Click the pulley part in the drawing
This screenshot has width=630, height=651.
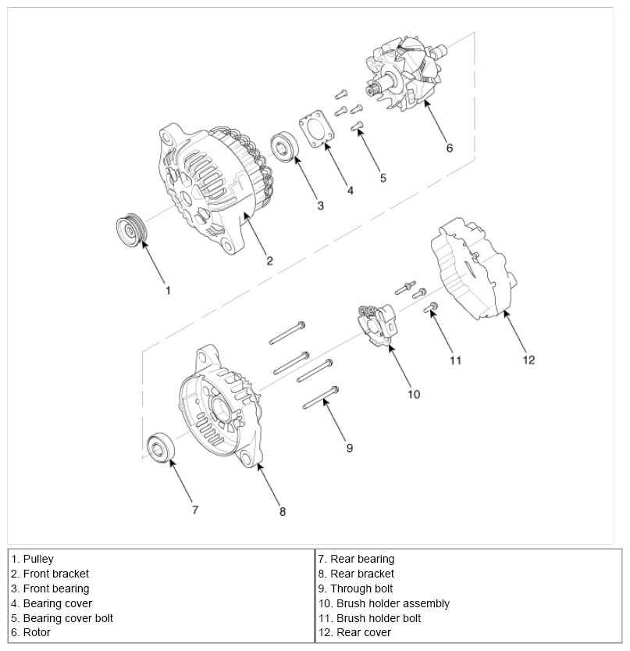click(x=129, y=231)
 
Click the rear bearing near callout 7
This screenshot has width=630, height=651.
click(x=162, y=449)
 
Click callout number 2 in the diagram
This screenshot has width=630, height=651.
click(x=269, y=261)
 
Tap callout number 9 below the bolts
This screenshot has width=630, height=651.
click(x=350, y=448)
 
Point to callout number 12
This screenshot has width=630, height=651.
click(x=529, y=359)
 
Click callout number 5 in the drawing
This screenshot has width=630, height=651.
click(x=383, y=177)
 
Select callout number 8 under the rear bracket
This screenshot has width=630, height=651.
click(x=283, y=511)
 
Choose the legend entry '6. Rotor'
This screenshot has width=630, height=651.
click(x=31, y=633)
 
